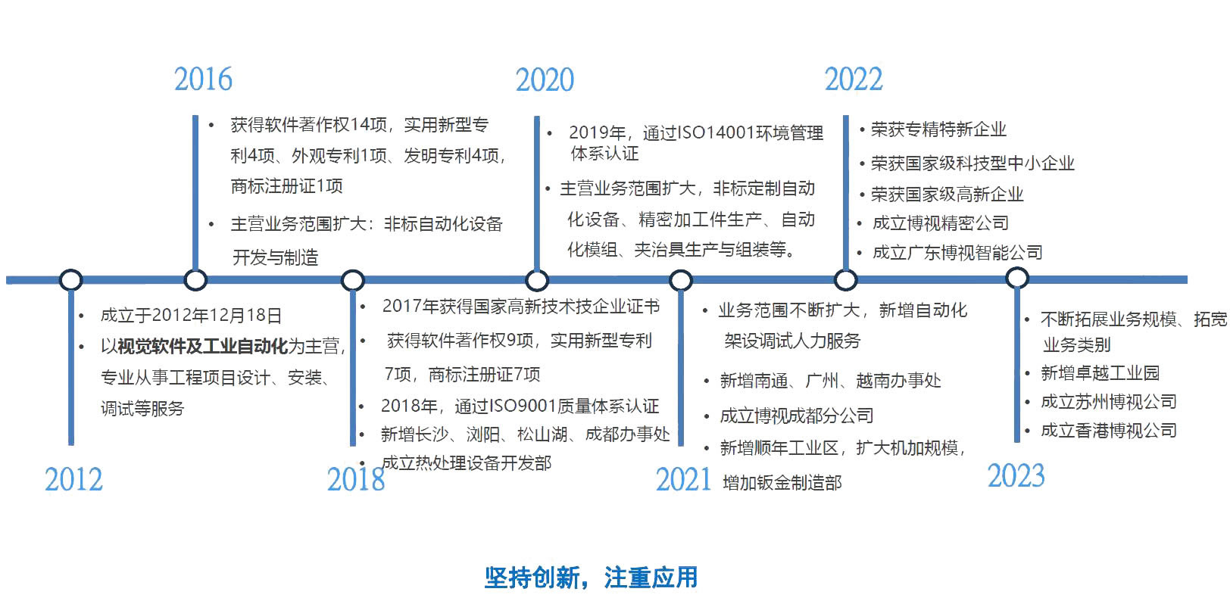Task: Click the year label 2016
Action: click(203, 79)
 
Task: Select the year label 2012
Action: click(73, 480)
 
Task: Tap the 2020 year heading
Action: click(545, 80)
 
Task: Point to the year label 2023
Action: click(1016, 475)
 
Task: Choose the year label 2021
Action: click(684, 480)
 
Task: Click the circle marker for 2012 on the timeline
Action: click(71, 280)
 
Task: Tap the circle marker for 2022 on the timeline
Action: click(845, 280)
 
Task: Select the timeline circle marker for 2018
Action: click(352, 280)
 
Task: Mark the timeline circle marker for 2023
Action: click(1017, 278)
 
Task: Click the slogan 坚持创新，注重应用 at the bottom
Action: click(591, 578)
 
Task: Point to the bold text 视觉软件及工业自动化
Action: click(203, 347)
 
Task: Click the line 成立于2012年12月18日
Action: click(191, 315)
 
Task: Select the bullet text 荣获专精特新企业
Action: click(938, 129)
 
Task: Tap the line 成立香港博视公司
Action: click(1109, 430)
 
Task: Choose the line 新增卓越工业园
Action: click(1100, 373)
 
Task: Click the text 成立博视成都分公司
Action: click(796, 416)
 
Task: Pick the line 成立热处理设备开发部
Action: click(467, 462)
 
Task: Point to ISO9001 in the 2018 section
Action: click(522, 406)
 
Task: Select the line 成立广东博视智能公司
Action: click(957, 253)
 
